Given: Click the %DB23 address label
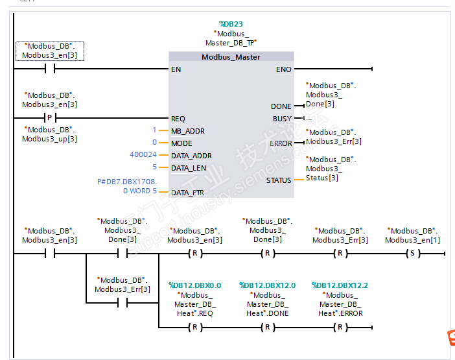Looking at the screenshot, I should (231, 24).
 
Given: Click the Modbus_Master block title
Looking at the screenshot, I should (231, 57).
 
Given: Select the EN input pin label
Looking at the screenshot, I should (176, 69).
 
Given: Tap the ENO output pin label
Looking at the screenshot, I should (283, 69).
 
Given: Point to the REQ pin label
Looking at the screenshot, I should (178, 119).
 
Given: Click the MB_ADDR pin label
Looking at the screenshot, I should (187, 131).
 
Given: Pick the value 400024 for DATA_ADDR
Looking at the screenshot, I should (143, 155).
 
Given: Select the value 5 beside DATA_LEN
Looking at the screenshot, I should (154, 167).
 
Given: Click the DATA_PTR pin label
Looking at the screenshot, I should (188, 192).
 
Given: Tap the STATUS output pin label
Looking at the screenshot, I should (279, 180).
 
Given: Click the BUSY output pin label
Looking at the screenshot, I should (283, 119).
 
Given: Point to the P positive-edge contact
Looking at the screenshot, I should (49, 118).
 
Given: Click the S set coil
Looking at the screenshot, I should (411, 254).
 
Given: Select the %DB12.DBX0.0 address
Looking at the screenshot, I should (194, 285).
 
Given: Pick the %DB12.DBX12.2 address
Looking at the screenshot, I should (340, 285).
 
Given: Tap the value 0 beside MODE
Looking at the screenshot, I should (154, 143).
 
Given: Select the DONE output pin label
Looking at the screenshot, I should (281, 106).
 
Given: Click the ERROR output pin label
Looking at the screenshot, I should (281, 143).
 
